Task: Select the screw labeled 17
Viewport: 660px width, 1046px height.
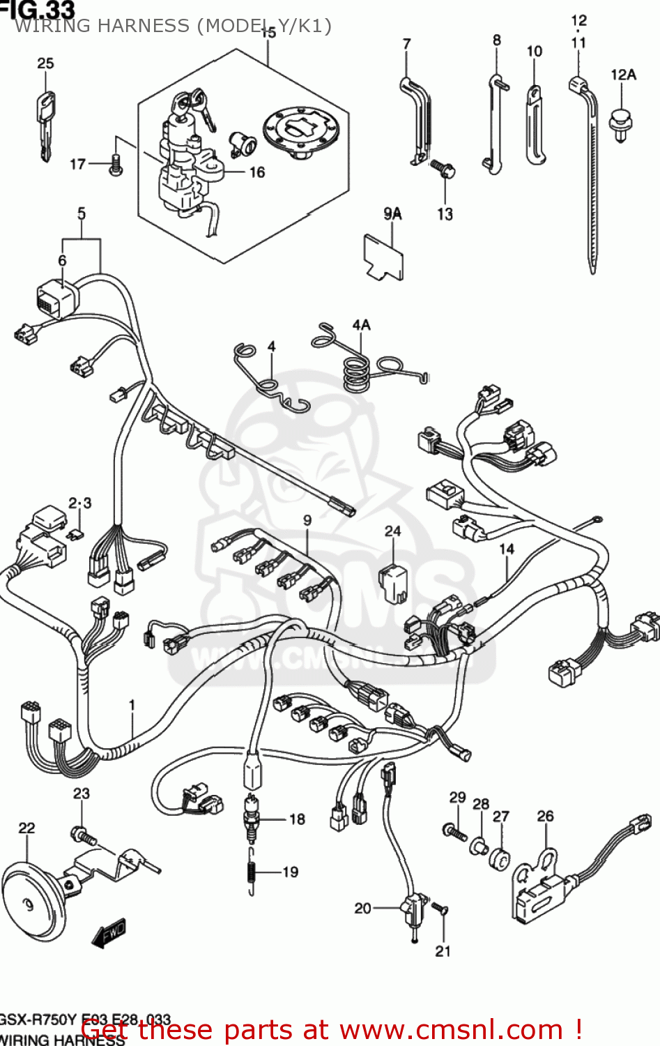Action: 116,165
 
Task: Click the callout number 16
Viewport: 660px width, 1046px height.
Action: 257,172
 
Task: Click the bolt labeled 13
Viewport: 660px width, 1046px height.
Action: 443,169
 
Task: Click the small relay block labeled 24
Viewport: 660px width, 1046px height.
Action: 393,583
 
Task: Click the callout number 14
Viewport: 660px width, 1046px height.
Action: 506,549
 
